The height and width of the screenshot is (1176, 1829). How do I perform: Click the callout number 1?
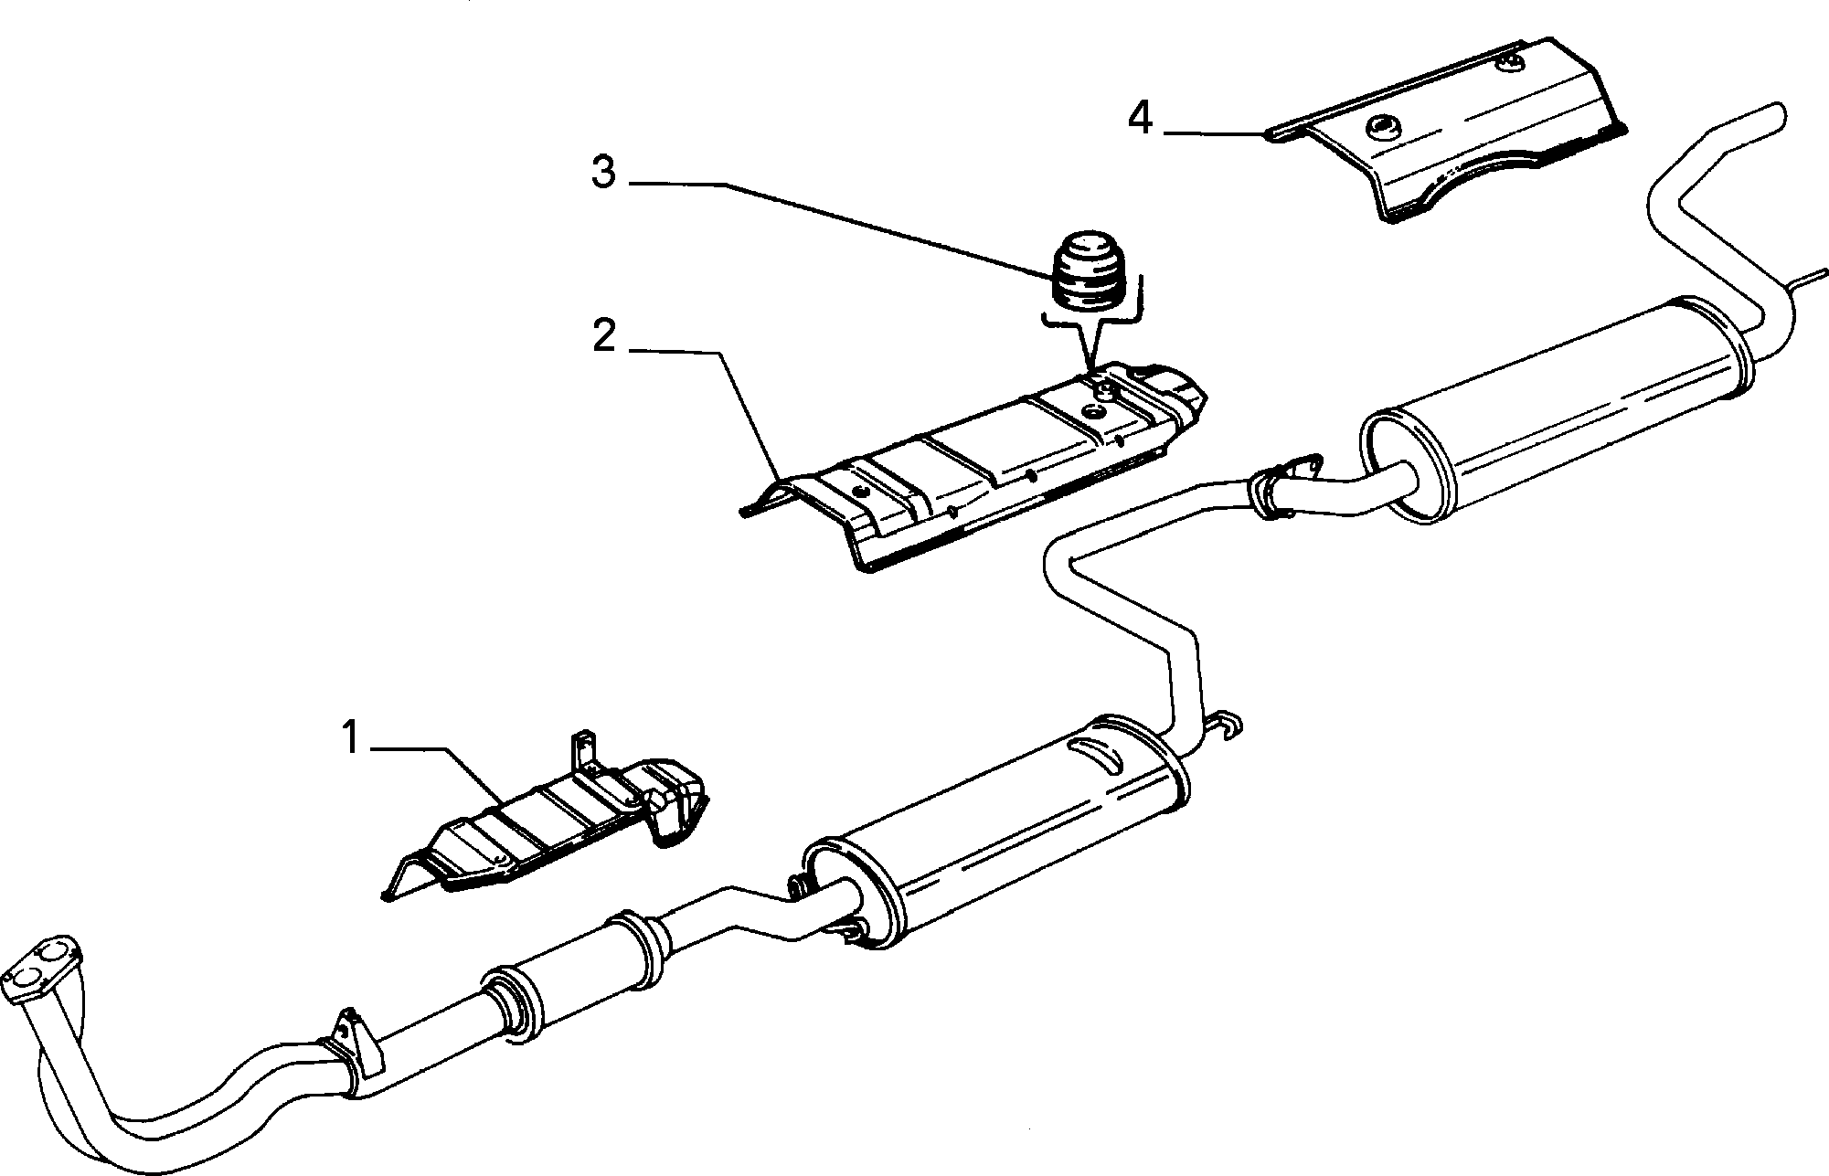click(350, 738)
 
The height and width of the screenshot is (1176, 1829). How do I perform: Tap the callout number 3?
click(603, 172)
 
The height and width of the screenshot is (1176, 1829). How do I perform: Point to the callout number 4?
click(1140, 119)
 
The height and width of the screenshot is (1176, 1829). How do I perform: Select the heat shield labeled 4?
click(1444, 132)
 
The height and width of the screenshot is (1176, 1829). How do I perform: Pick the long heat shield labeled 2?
click(974, 466)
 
